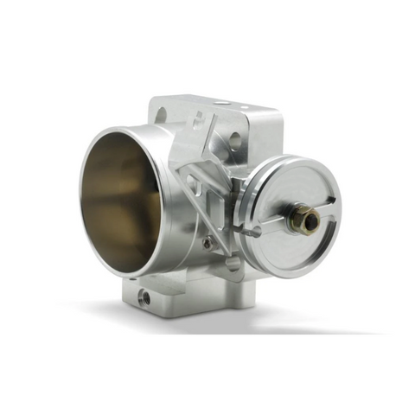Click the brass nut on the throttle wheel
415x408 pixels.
[x=304, y=216]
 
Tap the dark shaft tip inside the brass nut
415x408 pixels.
[x=308, y=218]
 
